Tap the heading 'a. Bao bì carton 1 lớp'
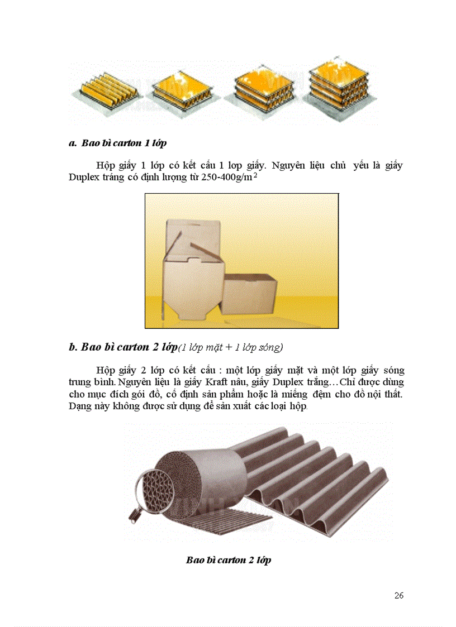pyautogui.click(x=117, y=143)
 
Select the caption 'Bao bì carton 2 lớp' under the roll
pyautogui.click(x=229, y=559)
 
